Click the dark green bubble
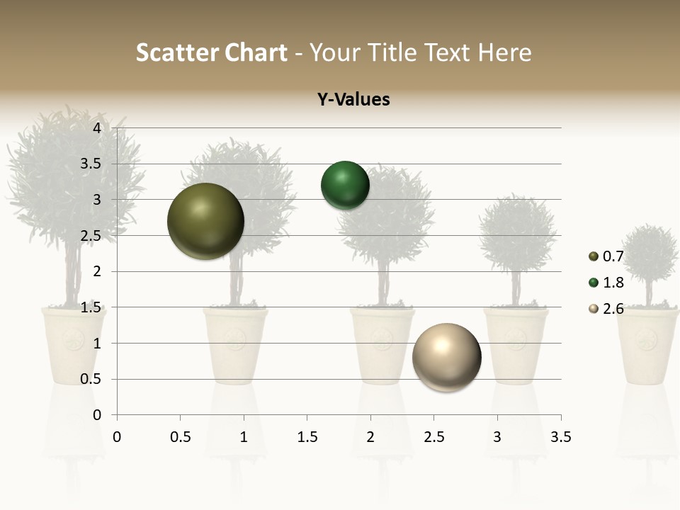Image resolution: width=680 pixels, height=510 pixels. point(345,186)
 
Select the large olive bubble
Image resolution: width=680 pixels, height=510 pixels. point(205,221)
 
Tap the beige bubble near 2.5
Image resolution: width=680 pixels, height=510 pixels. point(446,357)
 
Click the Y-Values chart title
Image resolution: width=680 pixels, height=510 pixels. point(353,99)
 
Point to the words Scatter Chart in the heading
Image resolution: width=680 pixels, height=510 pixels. point(211,52)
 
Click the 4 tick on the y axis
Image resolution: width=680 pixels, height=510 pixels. point(97,128)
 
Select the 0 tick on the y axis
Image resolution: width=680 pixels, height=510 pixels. point(97,415)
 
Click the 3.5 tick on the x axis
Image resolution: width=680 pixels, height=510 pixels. point(560,437)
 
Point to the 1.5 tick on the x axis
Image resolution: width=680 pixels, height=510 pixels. point(307,437)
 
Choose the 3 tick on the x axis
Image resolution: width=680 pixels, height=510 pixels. point(497,437)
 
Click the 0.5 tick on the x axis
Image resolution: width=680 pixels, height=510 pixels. point(180,437)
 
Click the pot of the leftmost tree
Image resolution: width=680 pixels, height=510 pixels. point(73,344)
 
